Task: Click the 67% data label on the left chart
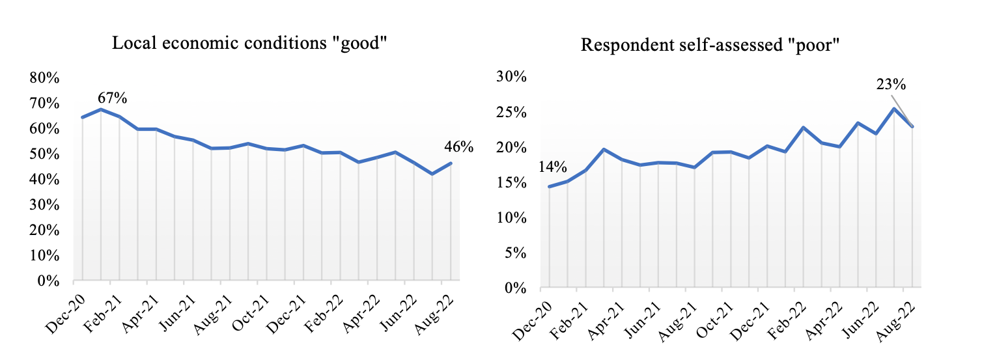click(x=112, y=98)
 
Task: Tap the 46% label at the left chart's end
click(x=460, y=147)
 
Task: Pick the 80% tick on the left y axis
click(x=45, y=78)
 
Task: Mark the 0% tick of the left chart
click(x=49, y=281)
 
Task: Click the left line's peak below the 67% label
click(x=101, y=109)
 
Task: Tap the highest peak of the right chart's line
click(x=894, y=109)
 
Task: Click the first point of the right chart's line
click(x=549, y=187)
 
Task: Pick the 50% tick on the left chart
click(x=45, y=154)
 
